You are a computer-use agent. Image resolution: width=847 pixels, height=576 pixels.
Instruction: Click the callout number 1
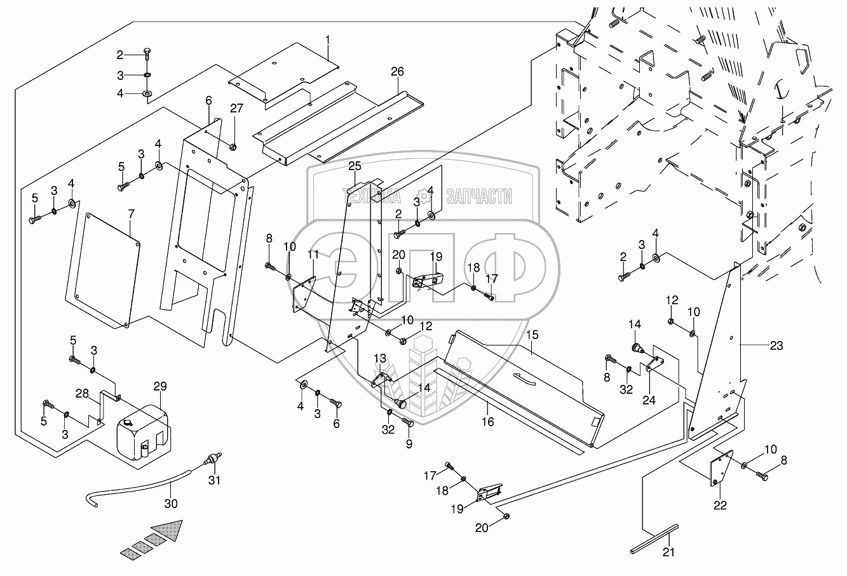pos(327,40)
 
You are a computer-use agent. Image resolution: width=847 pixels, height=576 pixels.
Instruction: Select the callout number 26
pos(397,71)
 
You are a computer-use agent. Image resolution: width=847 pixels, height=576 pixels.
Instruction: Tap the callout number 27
pos(236,109)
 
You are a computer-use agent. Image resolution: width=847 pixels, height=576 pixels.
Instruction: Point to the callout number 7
pos(131,214)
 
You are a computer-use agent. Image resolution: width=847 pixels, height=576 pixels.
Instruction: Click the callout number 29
pos(160,386)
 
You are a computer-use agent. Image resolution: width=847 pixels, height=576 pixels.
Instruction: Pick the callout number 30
pos(171,504)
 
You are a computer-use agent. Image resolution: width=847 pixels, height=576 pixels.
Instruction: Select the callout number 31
pos(214,480)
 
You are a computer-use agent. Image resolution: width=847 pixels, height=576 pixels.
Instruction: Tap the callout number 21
pos(668,553)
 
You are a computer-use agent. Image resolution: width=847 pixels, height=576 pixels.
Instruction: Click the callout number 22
pos(720,506)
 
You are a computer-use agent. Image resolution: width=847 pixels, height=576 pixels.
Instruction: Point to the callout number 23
pos(776,345)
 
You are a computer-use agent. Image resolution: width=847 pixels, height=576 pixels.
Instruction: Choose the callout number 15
pos(532,335)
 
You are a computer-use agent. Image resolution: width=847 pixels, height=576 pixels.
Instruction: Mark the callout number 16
pos(488,422)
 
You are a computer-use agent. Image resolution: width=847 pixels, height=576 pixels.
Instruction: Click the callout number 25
pos(355,166)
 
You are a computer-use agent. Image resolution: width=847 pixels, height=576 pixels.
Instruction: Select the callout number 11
pos(313,255)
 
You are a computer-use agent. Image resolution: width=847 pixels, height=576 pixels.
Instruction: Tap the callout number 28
pos(82,394)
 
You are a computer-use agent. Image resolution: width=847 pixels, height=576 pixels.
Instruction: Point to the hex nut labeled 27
pos(233,147)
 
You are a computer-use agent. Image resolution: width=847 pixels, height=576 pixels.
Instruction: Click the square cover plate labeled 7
pos(103,271)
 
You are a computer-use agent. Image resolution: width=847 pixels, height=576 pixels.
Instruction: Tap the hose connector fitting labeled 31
pos(212,459)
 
